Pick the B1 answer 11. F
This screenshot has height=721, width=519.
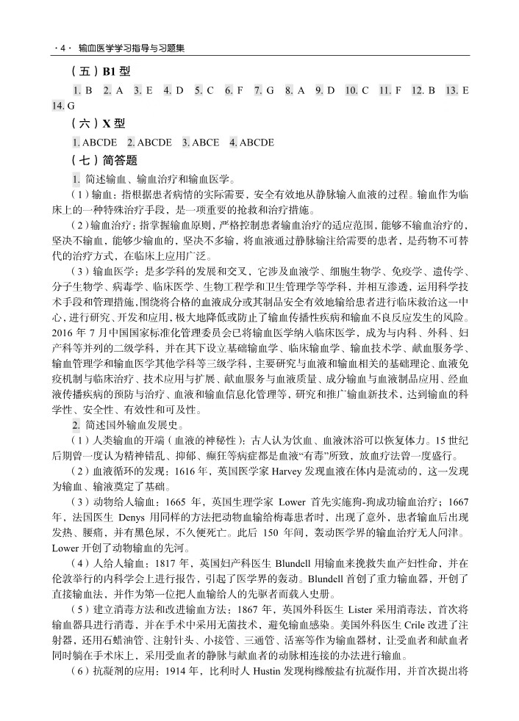(390, 90)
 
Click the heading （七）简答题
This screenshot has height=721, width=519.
(105, 159)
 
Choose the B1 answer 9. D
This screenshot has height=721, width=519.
(325, 90)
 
